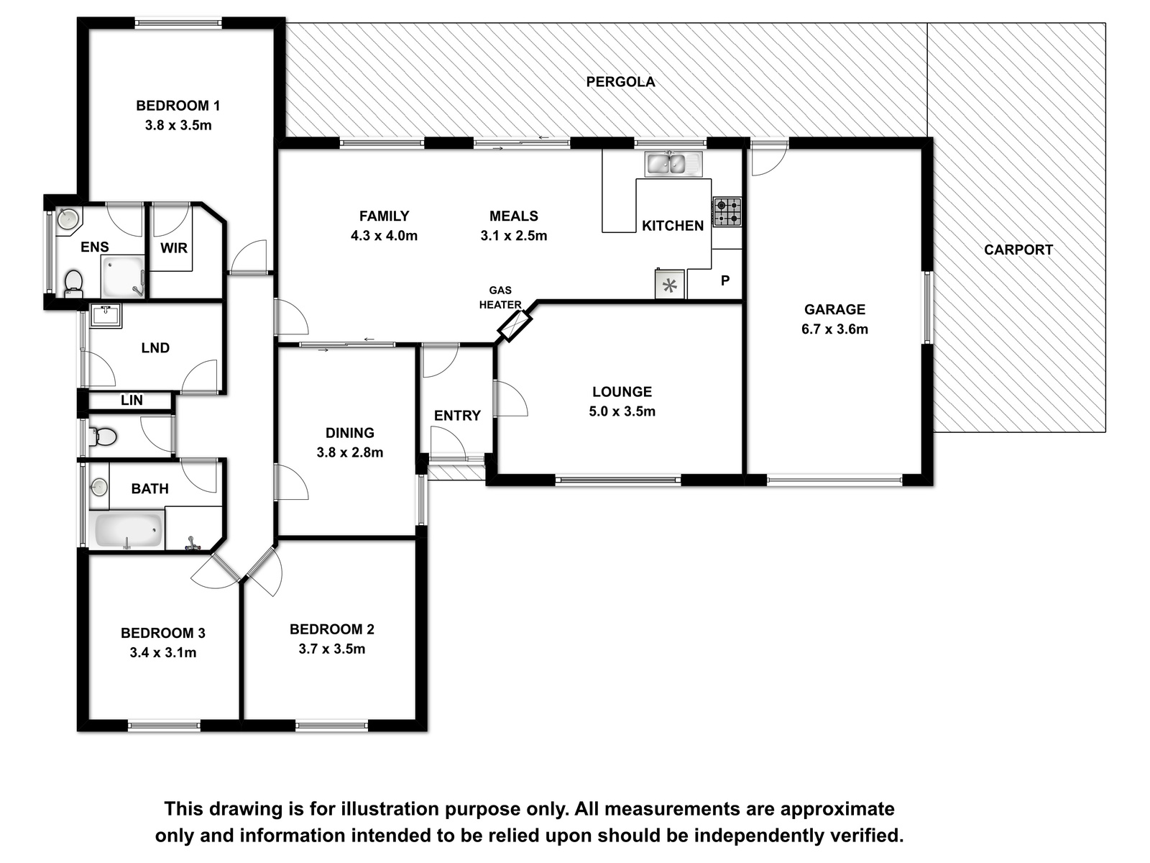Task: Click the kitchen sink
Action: [x=673, y=164]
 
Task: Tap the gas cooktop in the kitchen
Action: [x=727, y=211]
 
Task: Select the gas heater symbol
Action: [x=515, y=326]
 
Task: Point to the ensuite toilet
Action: [x=73, y=283]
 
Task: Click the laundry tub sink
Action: [x=106, y=316]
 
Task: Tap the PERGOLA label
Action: [x=620, y=82]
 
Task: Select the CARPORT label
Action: [x=1018, y=250]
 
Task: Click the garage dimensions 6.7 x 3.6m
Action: [x=834, y=329]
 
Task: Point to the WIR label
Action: [x=173, y=248]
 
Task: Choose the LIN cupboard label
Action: [x=132, y=401]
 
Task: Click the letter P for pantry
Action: [x=725, y=281]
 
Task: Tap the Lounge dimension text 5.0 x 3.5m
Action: [x=622, y=411]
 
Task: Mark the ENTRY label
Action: [x=457, y=416]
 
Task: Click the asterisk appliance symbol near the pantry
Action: [x=670, y=285]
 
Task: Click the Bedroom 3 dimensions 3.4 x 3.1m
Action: [x=163, y=653]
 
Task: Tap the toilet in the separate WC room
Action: [x=103, y=436]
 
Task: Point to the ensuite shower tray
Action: [x=123, y=277]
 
